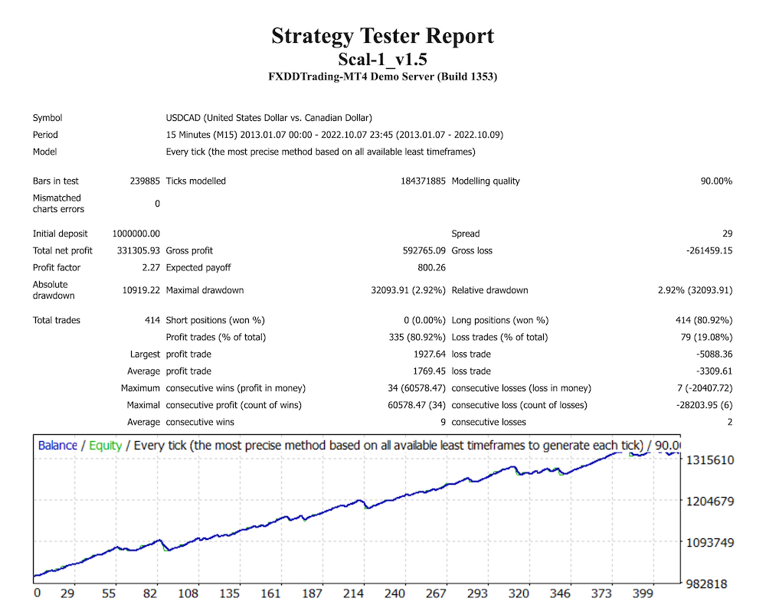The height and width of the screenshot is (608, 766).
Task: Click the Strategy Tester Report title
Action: click(382, 36)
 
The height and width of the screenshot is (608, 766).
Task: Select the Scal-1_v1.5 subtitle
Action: click(382, 58)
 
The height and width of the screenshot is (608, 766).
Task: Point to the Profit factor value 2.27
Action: click(150, 267)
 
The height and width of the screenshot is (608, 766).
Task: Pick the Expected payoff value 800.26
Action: click(430, 267)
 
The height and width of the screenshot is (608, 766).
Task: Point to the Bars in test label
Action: click(56, 181)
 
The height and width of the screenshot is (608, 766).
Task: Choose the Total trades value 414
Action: click(151, 320)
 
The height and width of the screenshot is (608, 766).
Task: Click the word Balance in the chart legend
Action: click(57, 445)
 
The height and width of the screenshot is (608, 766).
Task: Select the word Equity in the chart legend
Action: click(105, 445)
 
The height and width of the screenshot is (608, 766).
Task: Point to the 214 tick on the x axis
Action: click(354, 593)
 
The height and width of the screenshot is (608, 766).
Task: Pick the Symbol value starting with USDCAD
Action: click(269, 118)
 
